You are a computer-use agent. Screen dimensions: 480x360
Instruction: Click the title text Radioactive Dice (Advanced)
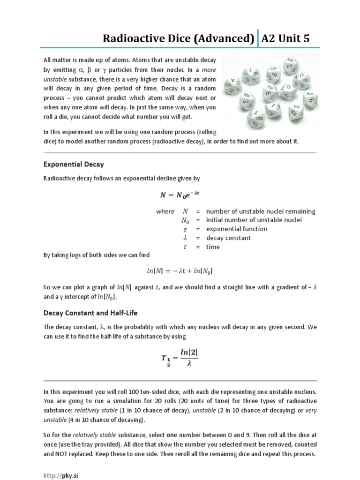coord(179,38)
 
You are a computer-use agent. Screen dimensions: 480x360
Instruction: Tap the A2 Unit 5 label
coord(285,38)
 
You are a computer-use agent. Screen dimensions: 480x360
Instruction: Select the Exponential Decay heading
coord(74,165)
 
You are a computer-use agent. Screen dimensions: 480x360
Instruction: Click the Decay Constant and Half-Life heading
coord(90,312)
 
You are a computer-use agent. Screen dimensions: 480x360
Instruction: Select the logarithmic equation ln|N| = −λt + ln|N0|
coord(180,271)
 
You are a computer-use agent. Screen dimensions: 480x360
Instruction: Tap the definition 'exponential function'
coord(237,229)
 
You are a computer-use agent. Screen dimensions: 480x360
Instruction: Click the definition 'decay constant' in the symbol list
coord(228,238)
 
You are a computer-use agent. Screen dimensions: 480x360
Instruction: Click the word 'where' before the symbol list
coord(165,211)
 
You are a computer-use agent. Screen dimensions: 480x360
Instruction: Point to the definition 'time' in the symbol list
coord(213,247)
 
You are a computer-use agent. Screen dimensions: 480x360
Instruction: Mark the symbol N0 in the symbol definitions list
coord(186,220)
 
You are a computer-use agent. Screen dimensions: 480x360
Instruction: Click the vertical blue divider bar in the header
coord(258,38)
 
